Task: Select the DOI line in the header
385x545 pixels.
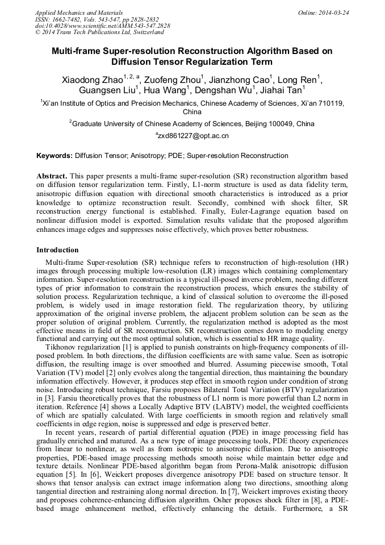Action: pyautogui.click(x=102, y=26)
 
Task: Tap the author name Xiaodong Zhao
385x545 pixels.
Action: pyautogui.click(x=91, y=81)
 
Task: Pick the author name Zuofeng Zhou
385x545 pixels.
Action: pyautogui.click(x=174, y=81)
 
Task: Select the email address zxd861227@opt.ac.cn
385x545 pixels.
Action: pyautogui.click(x=194, y=136)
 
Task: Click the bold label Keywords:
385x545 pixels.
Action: pyautogui.click(x=55, y=156)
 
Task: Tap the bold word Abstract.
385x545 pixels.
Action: pyautogui.click(x=52, y=176)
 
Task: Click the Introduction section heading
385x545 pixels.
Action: pyautogui.click(x=57, y=250)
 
